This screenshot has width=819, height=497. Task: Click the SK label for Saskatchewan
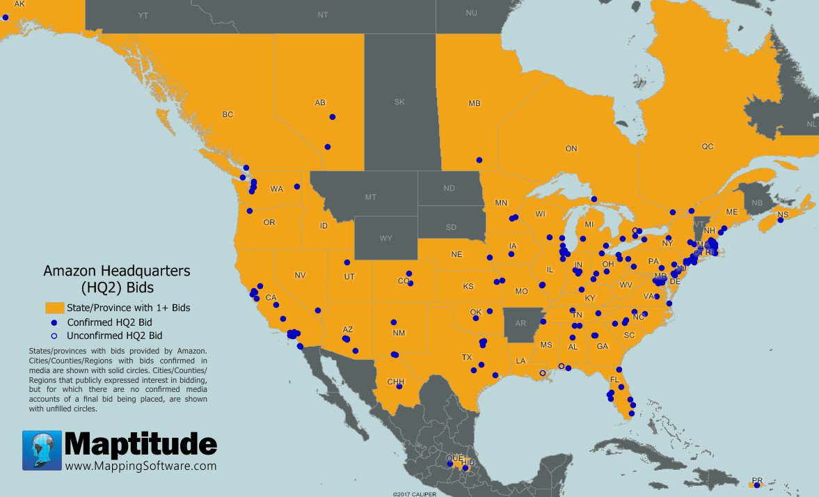coord(399,102)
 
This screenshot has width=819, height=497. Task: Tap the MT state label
coord(370,198)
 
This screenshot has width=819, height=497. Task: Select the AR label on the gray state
coord(520,324)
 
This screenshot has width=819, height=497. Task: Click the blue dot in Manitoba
coord(479,160)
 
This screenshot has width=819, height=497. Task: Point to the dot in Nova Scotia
coord(781,220)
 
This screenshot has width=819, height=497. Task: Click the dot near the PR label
coord(757,485)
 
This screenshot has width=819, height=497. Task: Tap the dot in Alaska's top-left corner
coord(6,17)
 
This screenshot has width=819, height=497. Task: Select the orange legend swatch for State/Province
coord(54,307)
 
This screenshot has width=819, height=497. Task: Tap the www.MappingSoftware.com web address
coord(141,466)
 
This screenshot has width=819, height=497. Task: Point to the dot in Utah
coord(347,262)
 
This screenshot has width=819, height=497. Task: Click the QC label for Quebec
coord(707,147)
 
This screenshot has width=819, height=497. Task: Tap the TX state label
coord(467,357)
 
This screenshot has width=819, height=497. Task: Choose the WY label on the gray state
coord(385,238)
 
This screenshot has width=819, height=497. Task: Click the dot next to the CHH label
coord(399,386)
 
